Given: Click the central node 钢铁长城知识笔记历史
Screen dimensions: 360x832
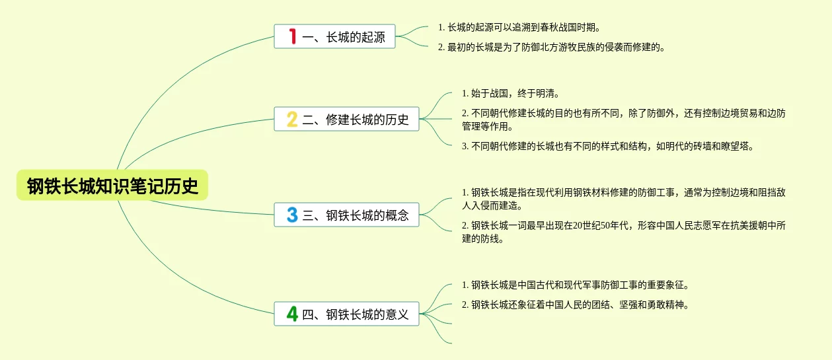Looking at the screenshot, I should tap(112, 186).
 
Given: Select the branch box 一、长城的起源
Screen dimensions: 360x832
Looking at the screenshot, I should tap(334, 36).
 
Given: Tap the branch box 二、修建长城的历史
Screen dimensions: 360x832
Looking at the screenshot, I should tap(346, 120).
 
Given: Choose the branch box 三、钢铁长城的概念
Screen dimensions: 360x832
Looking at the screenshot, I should tap(346, 215).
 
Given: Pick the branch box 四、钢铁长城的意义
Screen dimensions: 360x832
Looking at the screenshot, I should tap(346, 314).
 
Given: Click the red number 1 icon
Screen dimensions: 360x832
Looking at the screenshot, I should tap(291, 36).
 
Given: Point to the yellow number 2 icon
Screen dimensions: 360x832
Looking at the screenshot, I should tap(292, 120).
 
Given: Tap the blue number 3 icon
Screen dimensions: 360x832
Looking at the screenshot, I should tap(292, 215).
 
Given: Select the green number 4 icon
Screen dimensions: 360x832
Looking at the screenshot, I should tap(292, 314).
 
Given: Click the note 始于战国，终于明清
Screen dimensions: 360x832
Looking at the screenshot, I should tap(511, 94).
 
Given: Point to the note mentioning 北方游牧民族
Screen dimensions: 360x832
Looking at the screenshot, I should tap(551, 48).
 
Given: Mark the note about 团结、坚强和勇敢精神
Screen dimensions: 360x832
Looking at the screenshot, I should tap(575, 305).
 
